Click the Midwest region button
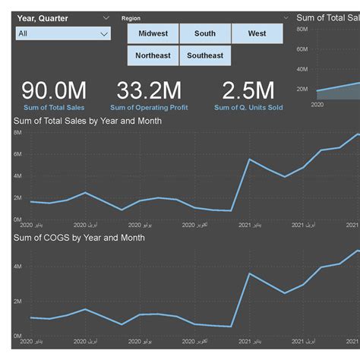[x=153, y=33]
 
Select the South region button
[x=205, y=33]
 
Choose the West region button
[x=257, y=33]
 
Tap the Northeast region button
[x=153, y=55]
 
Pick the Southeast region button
[x=205, y=55]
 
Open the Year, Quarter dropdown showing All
[x=63, y=33]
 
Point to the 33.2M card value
[x=149, y=90]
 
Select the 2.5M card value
[x=248, y=90]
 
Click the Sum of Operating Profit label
[x=149, y=108]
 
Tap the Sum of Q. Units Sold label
[x=248, y=108]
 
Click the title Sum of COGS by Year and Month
[x=79, y=238]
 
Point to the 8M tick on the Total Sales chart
[x=17, y=132]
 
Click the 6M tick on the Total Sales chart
[x=17, y=154]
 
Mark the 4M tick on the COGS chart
[x=17, y=267]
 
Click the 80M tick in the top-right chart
[x=302, y=30]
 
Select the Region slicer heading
[x=131, y=18]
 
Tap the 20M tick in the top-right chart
[x=302, y=89]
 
